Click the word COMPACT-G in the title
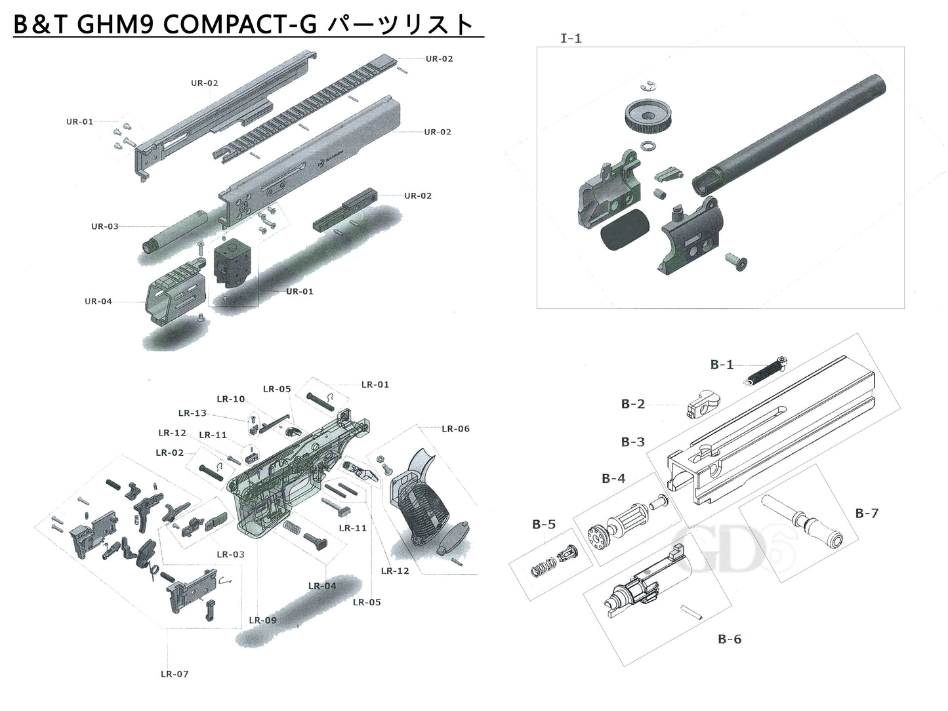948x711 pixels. pos(239,24)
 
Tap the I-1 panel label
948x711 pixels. pos(571,38)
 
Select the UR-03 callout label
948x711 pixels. pos(105,226)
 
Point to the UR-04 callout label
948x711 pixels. pos(98,301)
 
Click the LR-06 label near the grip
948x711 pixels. pos(455,428)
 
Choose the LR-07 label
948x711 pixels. pos(175,674)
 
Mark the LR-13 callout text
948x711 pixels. pos(192,413)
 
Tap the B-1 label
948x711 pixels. pos(722,365)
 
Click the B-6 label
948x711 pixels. pos(729,639)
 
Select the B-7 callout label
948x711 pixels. pos(866,513)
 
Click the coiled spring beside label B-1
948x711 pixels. pos(766,371)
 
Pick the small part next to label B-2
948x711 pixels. pos(700,404)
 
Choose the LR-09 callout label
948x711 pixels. pos(262,620)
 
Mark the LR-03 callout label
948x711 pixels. pos(230,554)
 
